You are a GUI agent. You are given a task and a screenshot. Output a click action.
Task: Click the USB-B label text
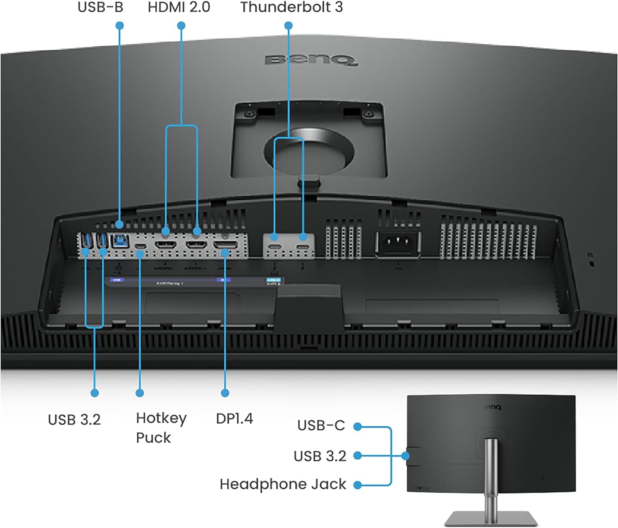tap(100, 7)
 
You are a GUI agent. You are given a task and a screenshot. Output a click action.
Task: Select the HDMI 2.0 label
tap(179, 7)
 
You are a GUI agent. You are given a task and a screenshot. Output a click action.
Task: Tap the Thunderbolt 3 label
tap(291, 7)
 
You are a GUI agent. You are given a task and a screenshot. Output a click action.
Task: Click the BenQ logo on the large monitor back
tap(311, 60)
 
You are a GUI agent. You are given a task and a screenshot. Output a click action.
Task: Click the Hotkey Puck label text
tap(161, 428)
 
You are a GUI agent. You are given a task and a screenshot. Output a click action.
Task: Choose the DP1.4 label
tap(234, 419)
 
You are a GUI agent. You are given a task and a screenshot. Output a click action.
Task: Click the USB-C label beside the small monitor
tap(321, 425)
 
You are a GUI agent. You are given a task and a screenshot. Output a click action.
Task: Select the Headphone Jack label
tap(283, 484)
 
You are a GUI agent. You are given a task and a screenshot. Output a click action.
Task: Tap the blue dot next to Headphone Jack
tap(358, 485)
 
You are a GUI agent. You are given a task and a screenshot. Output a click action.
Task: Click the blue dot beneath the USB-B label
tap(119, 26)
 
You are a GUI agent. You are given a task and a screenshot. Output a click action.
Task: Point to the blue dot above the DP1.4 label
tap(225, 393)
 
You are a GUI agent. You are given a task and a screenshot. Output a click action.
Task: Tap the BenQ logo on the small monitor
tap(492, 407)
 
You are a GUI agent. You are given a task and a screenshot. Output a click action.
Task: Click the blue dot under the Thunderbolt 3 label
tap(288, 26)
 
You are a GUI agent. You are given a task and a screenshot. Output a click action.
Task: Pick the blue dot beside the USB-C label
tap(358, 427)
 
